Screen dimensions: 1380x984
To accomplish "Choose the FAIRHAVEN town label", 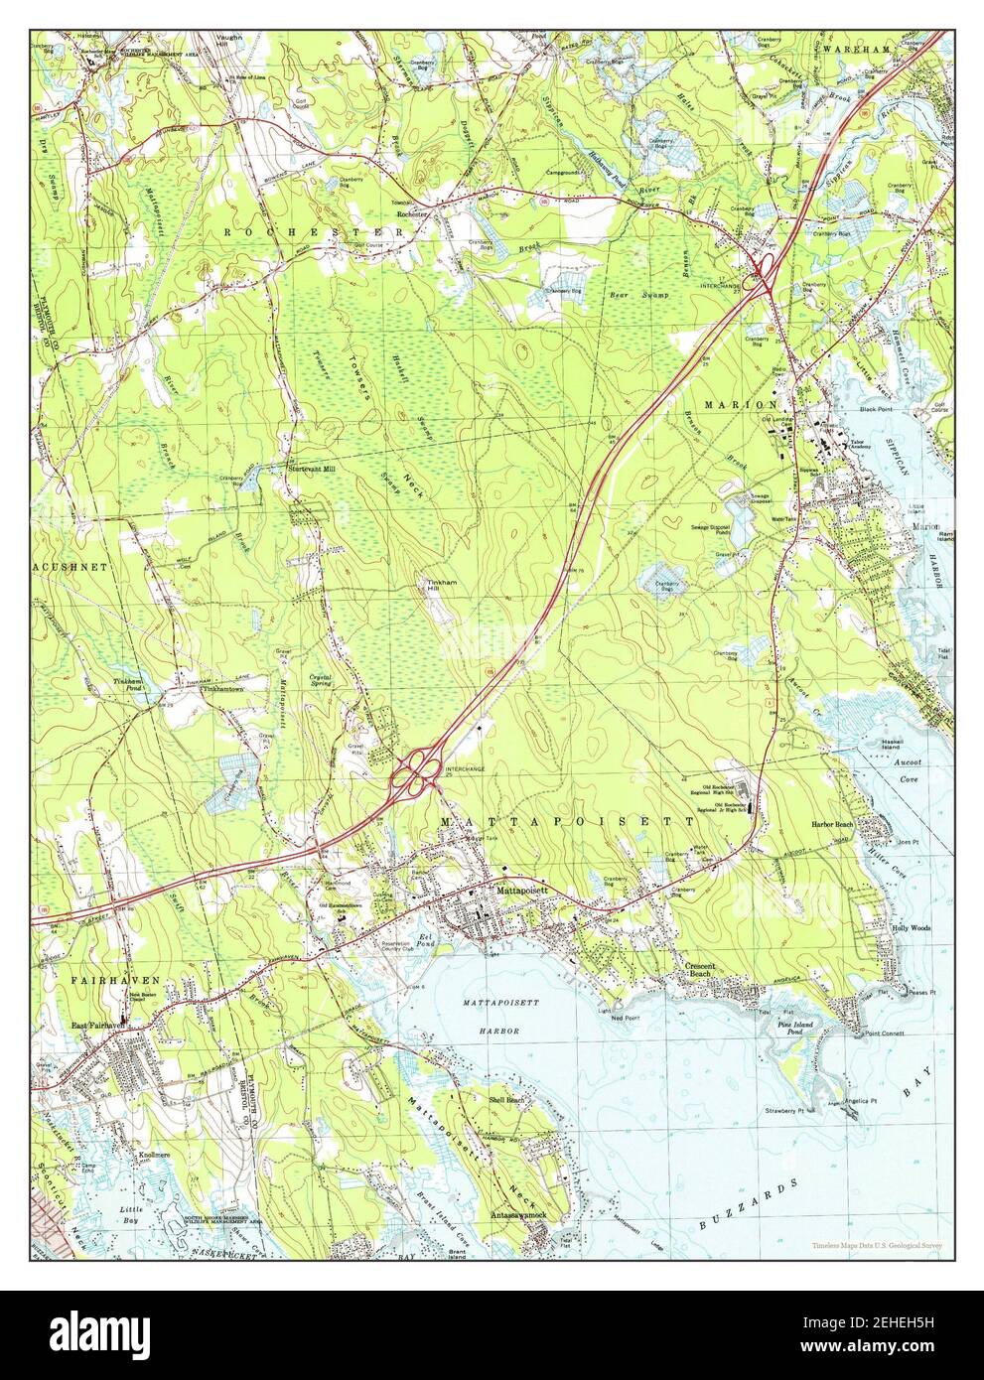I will click(x=116, y=979).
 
